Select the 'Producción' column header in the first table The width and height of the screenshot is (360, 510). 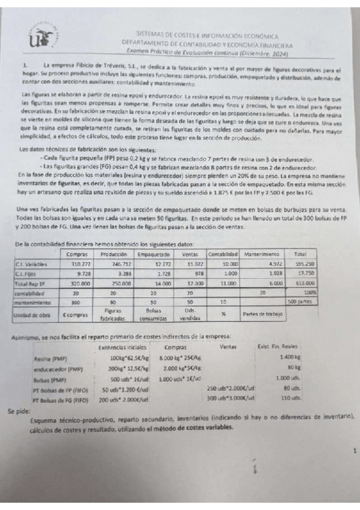(112, 254)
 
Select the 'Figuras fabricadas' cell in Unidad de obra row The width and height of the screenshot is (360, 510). (112, 313)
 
